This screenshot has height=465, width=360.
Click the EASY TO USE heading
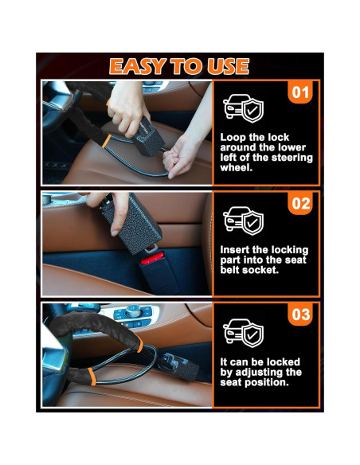click(179, 66)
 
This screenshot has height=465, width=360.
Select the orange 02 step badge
click(300, 204)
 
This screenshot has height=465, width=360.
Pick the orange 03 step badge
click(300, 315)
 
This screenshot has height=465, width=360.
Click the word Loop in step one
click(233, 137)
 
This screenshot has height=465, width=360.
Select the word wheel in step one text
click(235, 168)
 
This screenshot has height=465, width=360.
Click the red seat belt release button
click(152, 260)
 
